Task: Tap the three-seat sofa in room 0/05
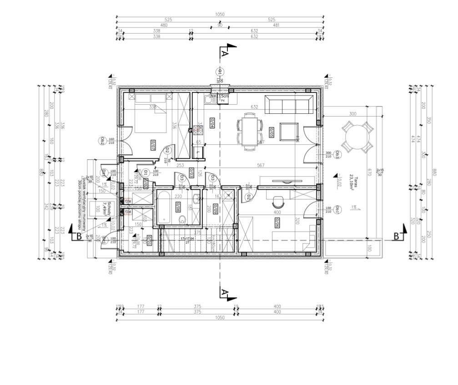tap(289, 105)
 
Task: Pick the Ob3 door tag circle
tap(337, 155)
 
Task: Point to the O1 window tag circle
tap(219, 72)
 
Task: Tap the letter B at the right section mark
tap(396, 236)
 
